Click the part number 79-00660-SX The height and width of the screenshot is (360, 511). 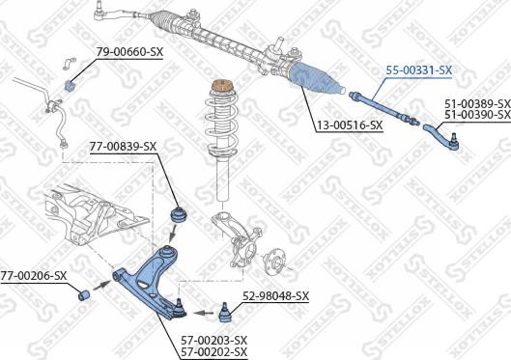pyautogui.click(x=129, y=51)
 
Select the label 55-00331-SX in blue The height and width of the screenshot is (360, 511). pyautogui.click(x=418, y=70)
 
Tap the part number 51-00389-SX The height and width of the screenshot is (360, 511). pyautogui.click(x=477, y=103)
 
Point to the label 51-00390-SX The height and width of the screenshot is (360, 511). pyautogui.click(x=477, y=115)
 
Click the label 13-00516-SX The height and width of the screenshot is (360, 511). pyautogui.click(x=350, y=125)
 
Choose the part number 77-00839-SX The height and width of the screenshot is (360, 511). pyautogui.click(x=123, y=147)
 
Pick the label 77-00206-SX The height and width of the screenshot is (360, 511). pyautogui.click(x=34, y=276)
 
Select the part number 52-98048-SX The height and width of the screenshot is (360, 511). pyautogui.click(x=275, y=296)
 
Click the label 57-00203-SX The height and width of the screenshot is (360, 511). pyautogui.click(x=214, y=341)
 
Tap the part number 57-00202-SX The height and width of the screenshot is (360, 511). pyautogui.click(x=214, y=352)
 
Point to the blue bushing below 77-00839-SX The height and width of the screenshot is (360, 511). pyautogui.click(x=178, y=212)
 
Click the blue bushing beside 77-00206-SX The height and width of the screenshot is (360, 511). pyautogui.click(x=84, y=291)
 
